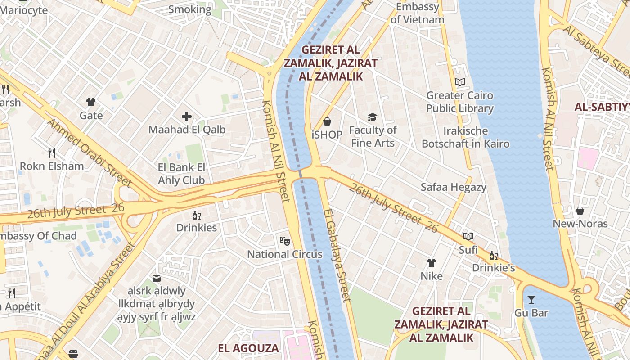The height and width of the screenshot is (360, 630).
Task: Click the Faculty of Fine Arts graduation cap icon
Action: [372, 117]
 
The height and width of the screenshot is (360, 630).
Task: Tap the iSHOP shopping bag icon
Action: [327, 121]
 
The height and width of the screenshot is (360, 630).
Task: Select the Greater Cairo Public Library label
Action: [459, 102]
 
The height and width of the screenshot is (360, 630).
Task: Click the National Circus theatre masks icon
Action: [284, 241]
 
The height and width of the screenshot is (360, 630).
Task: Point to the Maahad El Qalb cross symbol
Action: [187, 117]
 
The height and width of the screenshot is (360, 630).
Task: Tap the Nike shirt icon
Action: [432, 262]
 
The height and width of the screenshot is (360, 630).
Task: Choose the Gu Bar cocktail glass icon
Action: [531, 299]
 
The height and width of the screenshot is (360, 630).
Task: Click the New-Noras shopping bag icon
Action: [580, 210]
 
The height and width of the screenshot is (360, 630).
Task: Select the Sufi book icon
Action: [468, 236]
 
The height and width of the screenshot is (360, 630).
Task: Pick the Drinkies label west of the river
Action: [197, 228]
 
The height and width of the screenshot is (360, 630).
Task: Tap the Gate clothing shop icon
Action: [91, 102]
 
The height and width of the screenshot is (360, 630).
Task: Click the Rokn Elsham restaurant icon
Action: [52, 153]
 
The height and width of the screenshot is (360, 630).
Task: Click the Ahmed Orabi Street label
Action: [89, 153]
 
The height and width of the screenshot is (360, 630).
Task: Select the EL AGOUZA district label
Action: [248, 348]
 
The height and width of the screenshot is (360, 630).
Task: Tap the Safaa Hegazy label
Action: [454, 187]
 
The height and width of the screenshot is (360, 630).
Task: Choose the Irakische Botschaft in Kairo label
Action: [466, 137]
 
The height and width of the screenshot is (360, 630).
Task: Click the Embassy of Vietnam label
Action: [417, 13]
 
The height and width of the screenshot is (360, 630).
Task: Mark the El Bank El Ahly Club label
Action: [182, 174]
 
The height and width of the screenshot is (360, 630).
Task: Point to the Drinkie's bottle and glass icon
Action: [494, 255]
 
